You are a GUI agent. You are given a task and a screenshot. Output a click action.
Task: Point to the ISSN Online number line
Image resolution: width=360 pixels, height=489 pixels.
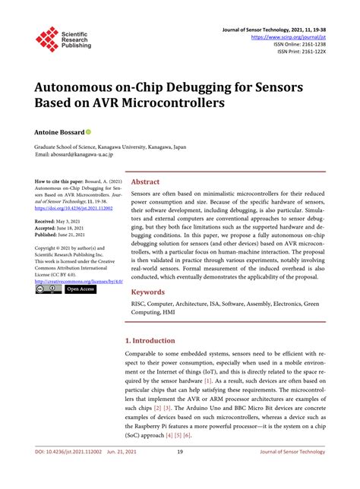pyautogui.click(x=298, y=43)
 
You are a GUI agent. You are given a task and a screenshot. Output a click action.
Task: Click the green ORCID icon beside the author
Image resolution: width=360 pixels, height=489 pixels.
pyautogui.click(x=89, y=131)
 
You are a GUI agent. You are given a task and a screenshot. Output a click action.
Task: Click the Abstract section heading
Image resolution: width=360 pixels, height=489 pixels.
pyautogui.click(x=146, y=182)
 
